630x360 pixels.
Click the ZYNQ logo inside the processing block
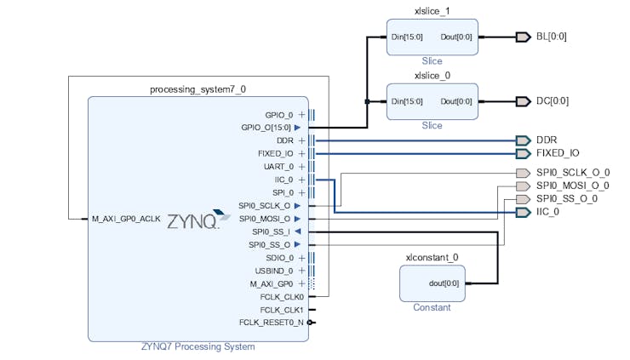click(x=193, y=220)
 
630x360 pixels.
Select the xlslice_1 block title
click(x=432, y=11)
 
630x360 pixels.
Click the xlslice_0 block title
click(x=432, y=76)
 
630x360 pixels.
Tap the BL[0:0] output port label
click(x=552, y=37)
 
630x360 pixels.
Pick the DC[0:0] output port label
click(x=553, y=101)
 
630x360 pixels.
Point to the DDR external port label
click(x=546, y=140)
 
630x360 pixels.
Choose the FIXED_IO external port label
click(x=558, y=153)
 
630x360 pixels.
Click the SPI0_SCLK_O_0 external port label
click(x=573, y=173)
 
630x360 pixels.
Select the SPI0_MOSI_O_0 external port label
click(x=573, y=186)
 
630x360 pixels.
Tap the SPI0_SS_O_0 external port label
click(x=566, y=199)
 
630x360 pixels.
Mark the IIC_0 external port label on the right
click(x=547, y=212)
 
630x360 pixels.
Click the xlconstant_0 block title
click(x=432, y=257)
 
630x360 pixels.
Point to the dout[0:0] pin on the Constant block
click(x=444, y=283)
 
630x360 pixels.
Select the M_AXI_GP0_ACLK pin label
click(x=126, y=219)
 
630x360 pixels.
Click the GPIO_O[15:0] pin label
click(x=266, y=128)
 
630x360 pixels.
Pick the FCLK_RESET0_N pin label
click(x=271, y=323)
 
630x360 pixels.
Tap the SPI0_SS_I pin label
click(x=271, y=231)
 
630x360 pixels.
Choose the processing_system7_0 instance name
click(x=198, y=89)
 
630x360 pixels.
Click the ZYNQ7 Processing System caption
click(x=198, y=346)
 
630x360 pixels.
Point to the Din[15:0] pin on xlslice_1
click(x=407, y=37)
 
